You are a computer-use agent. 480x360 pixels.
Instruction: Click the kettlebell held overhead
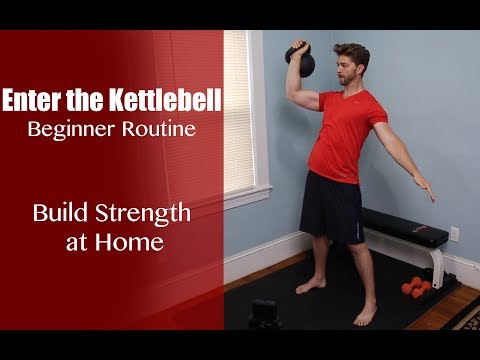click(x=300, y=60)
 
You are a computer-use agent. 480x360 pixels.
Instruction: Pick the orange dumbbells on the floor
click(x=416, y=288)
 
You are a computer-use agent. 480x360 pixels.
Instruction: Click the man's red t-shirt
click(x=341, y=135)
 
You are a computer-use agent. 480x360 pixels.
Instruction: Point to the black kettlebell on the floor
click(x=264, y=314)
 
